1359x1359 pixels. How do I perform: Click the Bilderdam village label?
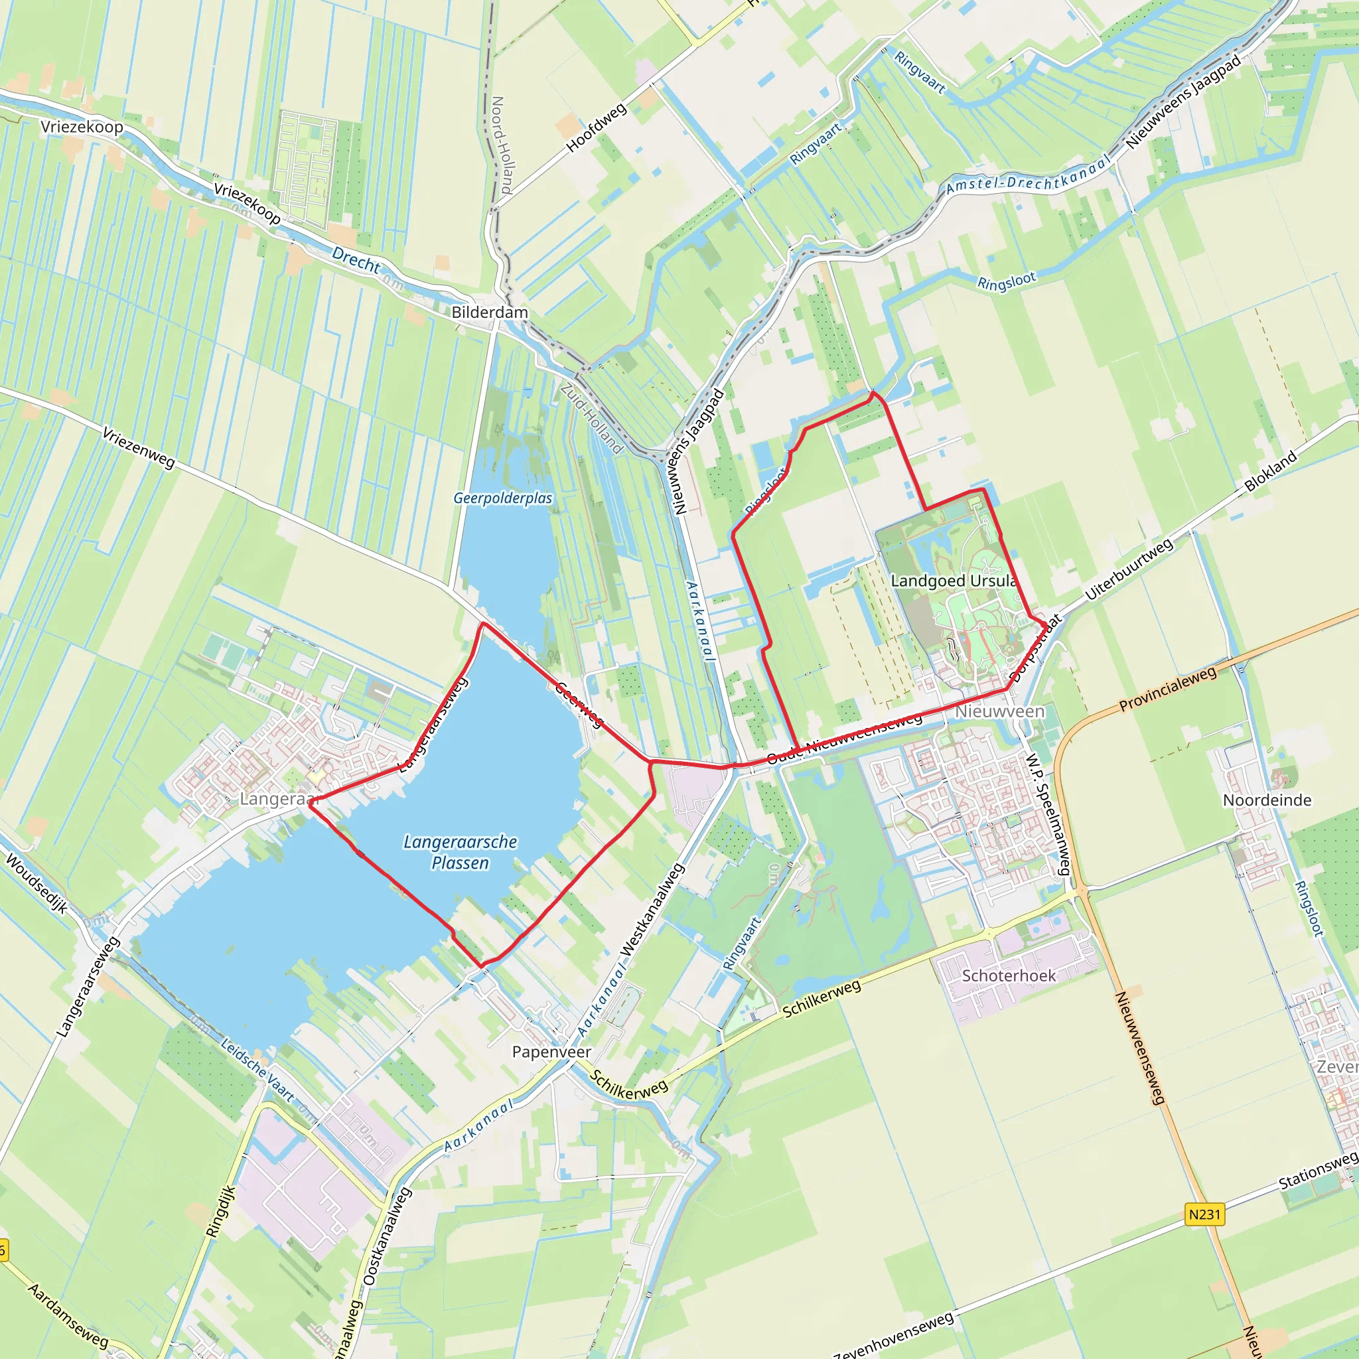click(x=490, y=313)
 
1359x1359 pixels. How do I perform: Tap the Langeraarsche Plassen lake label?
click(x=460, y=852)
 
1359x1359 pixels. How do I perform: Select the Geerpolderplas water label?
click(x=503, y=498)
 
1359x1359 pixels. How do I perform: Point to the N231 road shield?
click(x=1204, y=1214)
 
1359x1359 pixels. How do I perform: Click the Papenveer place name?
click(x=551, y=1052)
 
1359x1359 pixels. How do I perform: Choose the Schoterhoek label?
click(x=1009, y=975)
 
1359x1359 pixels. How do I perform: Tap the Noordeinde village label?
click(x=1267, y=800)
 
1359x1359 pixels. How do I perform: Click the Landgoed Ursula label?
click(x=953, y=581)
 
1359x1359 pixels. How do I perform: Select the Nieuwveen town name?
click(x=999, y=711)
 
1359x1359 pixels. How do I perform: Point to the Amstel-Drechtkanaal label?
click(x=1029, y=175)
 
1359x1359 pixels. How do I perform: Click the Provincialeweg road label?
click(x=1168, y=689)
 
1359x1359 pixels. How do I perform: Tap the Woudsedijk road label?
click(x=36, y=883)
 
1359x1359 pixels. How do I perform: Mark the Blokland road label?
click(x=1270, y=471)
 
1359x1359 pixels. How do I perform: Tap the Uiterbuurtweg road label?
click(x=1128, y=569)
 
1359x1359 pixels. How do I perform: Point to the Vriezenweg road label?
click(x=139, y=447)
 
